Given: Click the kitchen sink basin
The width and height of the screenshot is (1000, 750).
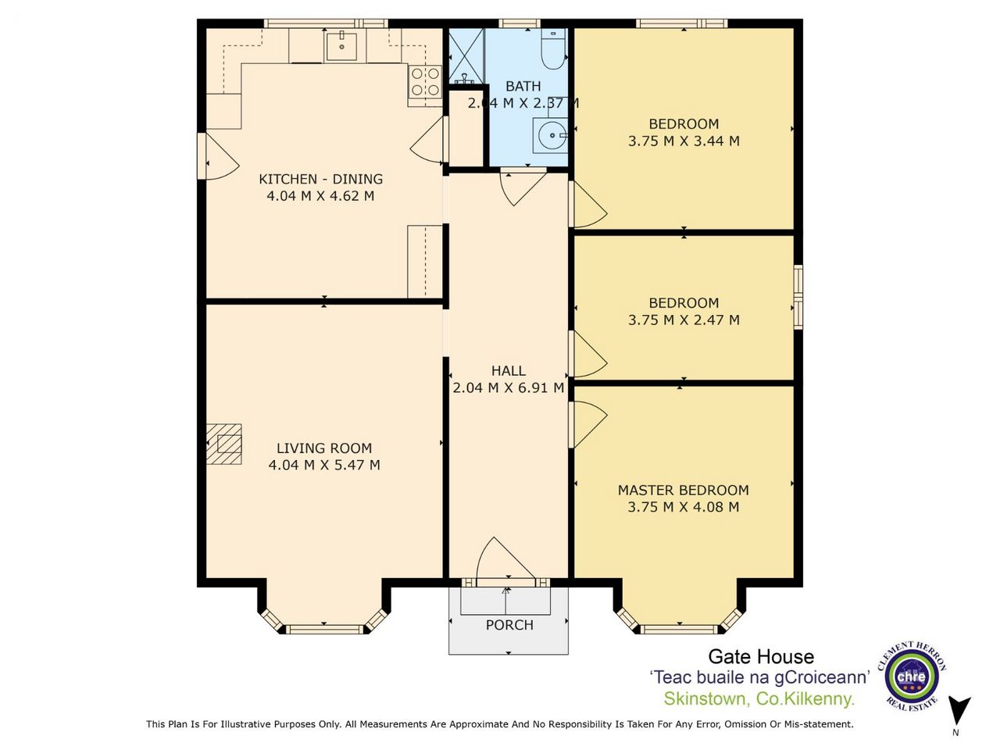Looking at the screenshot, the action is [x=341, y=46].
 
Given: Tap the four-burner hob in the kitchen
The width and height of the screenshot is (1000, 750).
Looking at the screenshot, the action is [x=425, y=81].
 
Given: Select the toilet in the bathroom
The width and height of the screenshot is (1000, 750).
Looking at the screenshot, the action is [x=553, y=50].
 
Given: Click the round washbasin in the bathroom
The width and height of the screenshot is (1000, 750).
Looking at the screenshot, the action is [x=551, y=135].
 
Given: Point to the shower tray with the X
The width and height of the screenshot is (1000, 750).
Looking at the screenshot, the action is [x=467, y=56].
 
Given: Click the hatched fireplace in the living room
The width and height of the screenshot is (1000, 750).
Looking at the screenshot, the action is [x=223, y=444].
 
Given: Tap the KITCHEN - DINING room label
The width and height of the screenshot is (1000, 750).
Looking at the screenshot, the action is [x=321, y=179].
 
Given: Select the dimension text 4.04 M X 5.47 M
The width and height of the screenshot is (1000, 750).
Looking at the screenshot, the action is [x=324, y=465].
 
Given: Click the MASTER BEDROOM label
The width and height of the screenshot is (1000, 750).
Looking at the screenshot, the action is [x=684, y=490].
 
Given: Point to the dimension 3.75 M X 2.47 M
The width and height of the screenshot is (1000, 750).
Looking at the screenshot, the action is [x=684, y=320].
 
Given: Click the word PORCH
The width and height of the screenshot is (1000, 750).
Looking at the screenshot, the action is [x=509, y=625].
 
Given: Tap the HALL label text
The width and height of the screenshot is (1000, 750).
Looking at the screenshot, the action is [x=509, y=370].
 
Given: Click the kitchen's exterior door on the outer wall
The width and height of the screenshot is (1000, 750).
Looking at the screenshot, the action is [x=218, y=156].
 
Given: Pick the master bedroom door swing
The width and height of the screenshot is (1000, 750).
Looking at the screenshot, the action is [x=587, y=424].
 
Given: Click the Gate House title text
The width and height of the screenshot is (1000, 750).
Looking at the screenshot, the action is [x=761, y=657].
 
